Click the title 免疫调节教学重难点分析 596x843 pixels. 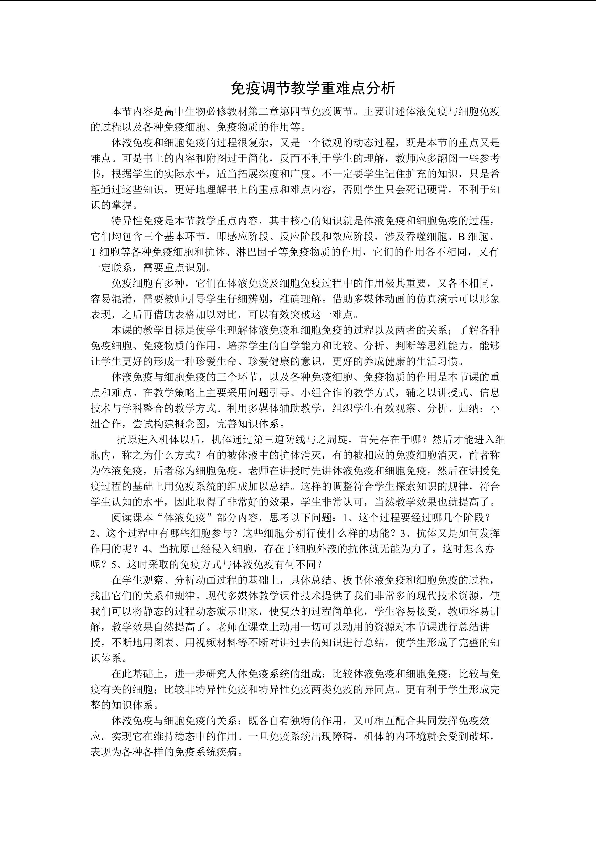coord(313,88)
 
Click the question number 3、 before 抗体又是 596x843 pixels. coord(408,533)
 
